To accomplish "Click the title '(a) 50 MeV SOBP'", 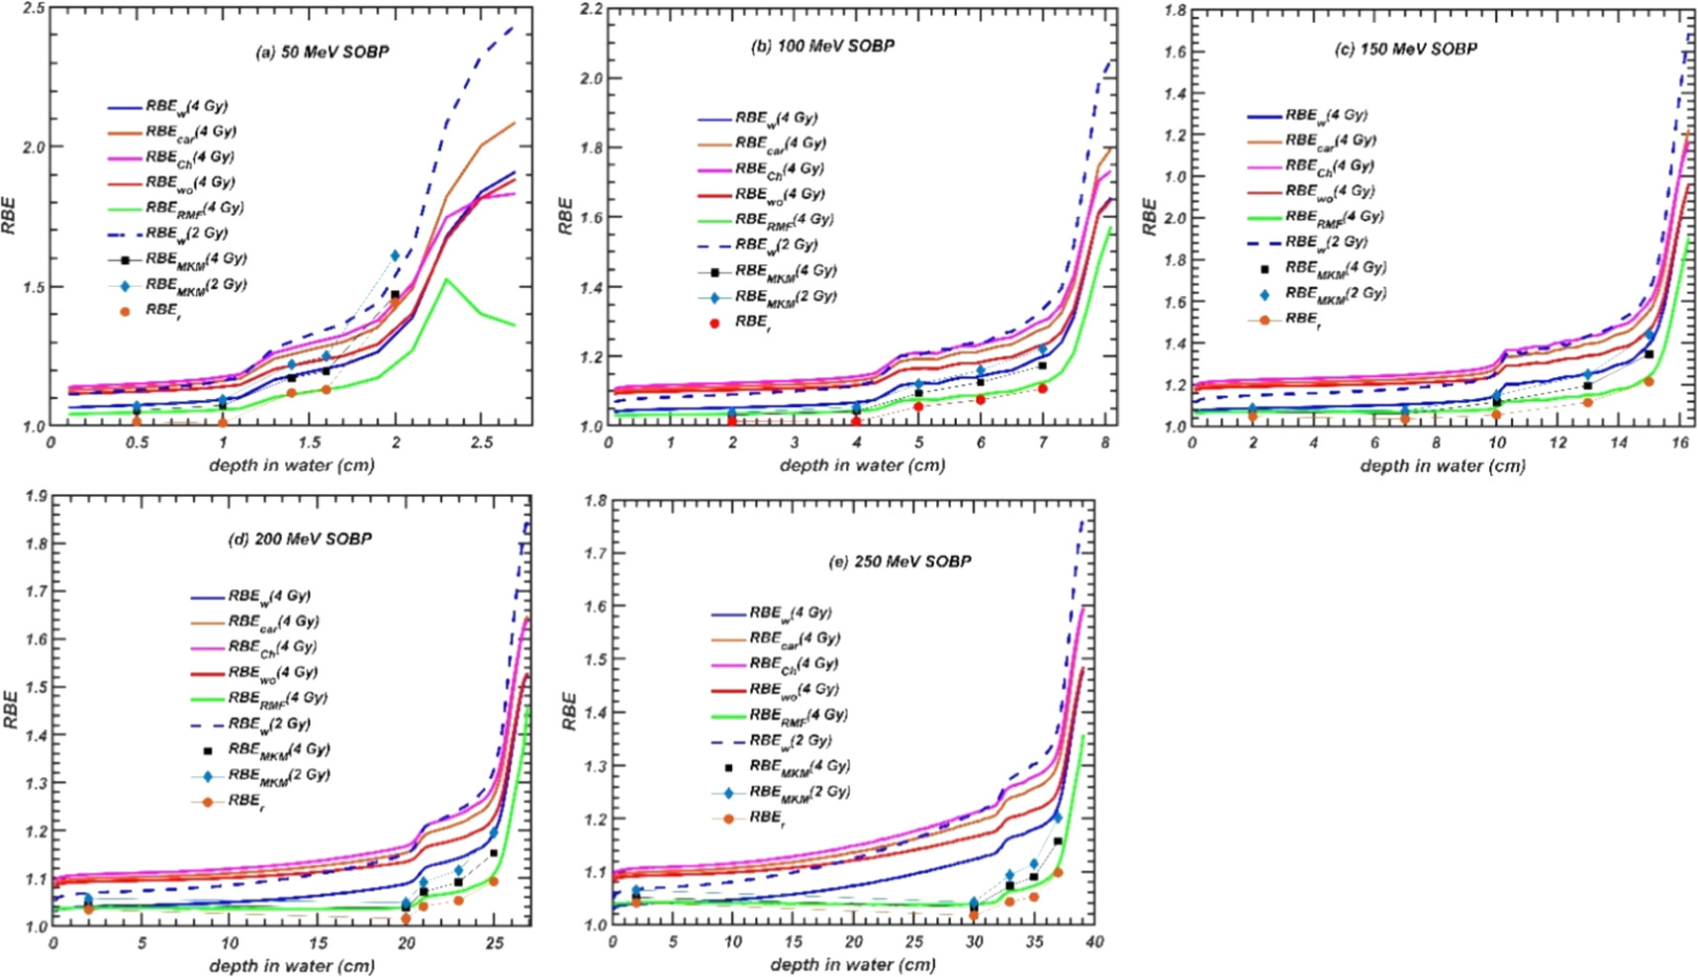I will [322, 51].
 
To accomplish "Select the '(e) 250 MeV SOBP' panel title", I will [899, 561].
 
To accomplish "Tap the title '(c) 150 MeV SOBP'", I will [1405, 49].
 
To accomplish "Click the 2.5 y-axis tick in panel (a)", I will [33, 9].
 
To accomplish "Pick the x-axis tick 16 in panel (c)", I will [1679, 442].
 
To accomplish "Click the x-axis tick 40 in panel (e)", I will [1093, 941].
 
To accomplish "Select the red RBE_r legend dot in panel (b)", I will [715, 323].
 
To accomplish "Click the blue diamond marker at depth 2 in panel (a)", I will [395, 255].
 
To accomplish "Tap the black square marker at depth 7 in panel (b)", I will [1042, 365].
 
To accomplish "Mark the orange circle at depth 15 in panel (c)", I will [1649, 381].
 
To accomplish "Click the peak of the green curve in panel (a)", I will [446, 280].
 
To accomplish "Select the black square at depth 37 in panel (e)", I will [1058, 841].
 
